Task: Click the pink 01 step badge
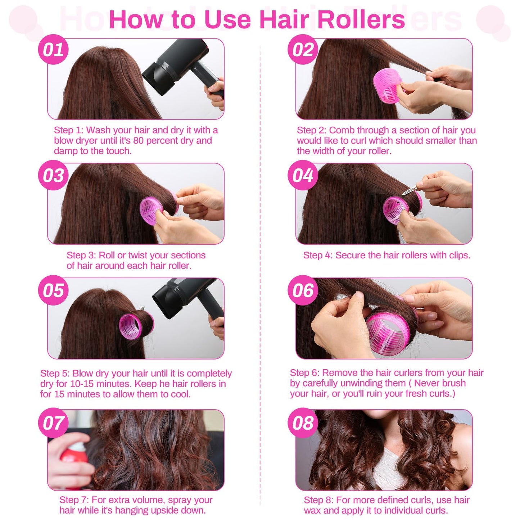point(53,50)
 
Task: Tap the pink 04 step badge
point(303,175)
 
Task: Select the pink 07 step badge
point(53,423)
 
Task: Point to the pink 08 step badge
point(303,423)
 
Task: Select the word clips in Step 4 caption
point(459,256)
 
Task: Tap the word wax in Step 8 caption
point(313,511)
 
